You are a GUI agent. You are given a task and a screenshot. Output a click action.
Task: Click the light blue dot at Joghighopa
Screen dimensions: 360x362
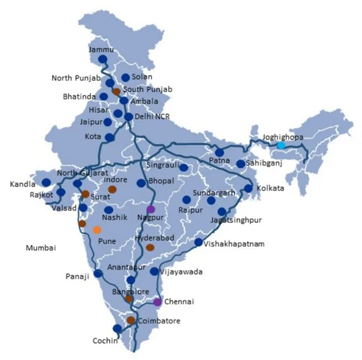(281, 145)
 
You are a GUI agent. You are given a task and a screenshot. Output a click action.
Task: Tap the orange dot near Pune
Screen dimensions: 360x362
(97, 230)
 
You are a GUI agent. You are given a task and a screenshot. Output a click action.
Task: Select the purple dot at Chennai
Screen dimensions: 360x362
(157, 302)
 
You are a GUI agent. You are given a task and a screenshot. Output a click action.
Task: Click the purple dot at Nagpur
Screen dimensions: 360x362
(151, 209)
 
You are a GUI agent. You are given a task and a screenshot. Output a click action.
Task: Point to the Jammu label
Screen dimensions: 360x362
(100, 50)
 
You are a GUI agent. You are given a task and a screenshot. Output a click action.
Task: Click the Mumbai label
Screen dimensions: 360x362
(40, 248)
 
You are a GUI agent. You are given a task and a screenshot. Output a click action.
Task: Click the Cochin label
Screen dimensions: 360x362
(106, 340)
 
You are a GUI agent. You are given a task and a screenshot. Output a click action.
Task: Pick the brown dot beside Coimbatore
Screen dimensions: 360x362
(131, 320)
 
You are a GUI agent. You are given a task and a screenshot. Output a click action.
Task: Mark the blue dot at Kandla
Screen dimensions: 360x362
(46, 182)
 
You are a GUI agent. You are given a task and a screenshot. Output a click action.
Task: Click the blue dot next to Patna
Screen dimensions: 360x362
(219, 152)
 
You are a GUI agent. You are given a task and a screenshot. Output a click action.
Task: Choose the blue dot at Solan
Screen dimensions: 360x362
(126, 77)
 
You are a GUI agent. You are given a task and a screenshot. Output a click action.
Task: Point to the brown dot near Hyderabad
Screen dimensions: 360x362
(150, 247)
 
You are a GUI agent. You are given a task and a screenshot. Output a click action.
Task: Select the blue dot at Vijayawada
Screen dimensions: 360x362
(154, 271)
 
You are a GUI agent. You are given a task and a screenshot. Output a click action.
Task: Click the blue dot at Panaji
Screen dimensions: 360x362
(98, 273)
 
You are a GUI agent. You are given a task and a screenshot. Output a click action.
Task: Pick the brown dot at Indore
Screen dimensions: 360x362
(112, 189)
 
